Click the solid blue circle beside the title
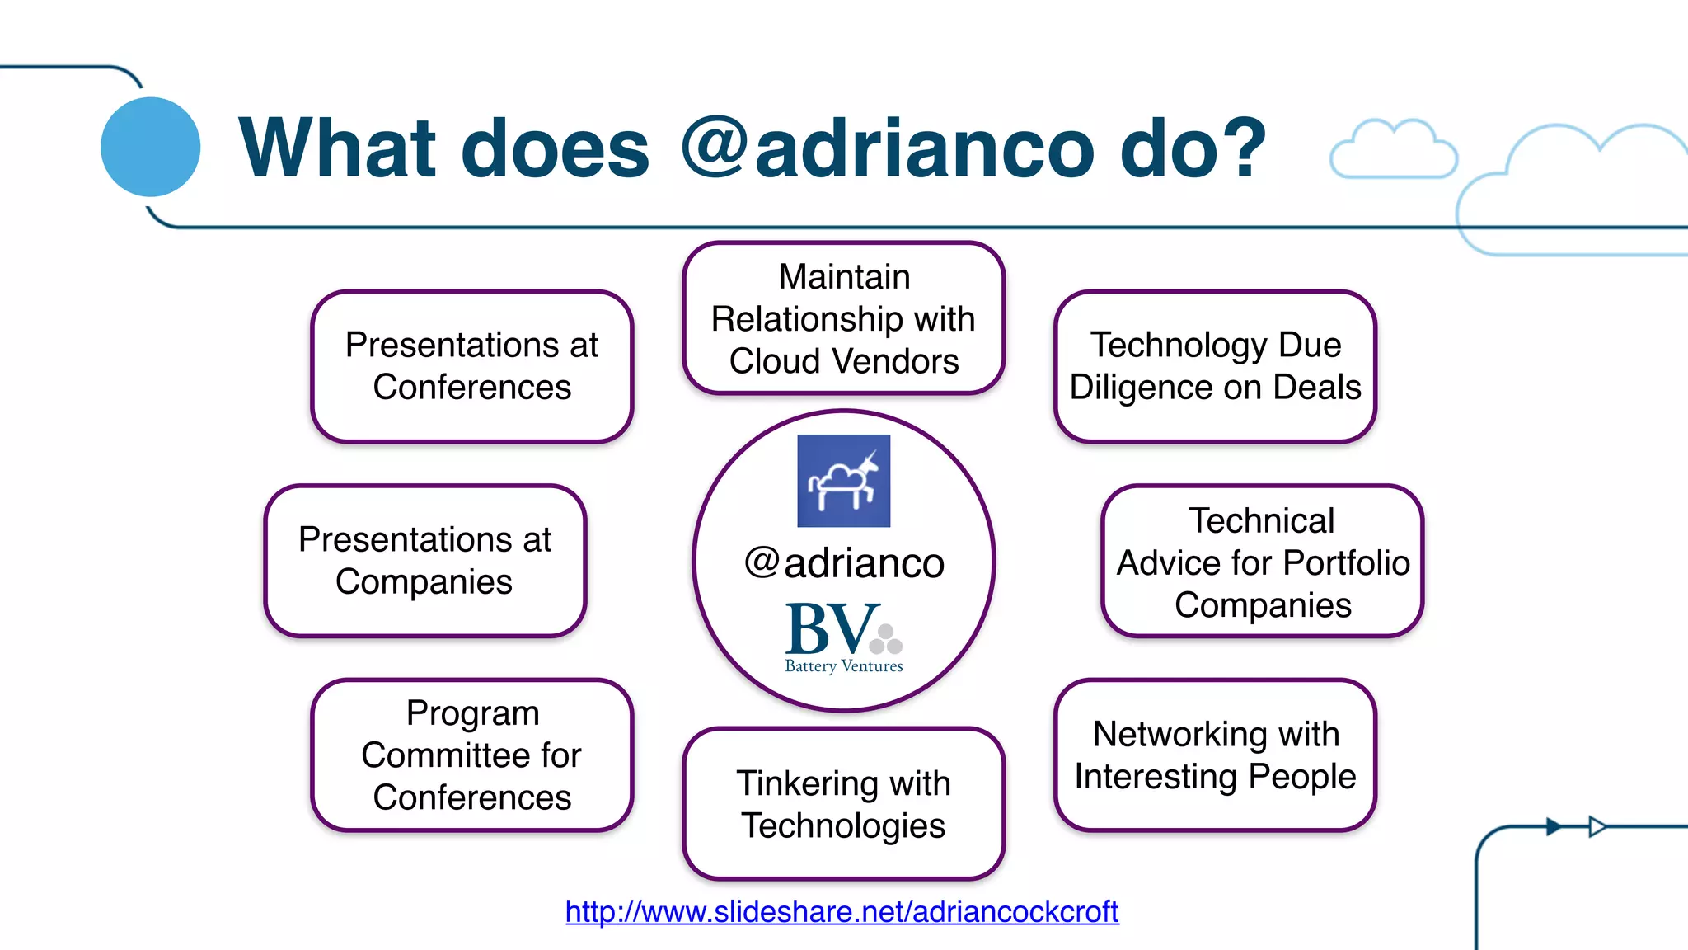(150, 147)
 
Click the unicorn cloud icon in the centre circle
(843, 481)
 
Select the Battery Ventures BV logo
(843, 637)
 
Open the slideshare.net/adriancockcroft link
(842, 911)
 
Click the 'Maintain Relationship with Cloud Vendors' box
(843, 318)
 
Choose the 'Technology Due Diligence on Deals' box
(1215, 366)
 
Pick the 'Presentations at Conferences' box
(471, 366)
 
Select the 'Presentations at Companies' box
(424, 561)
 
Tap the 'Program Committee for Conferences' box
(471, 755)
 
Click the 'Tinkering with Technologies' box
(843, 804)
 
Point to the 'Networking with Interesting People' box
(1215, 755)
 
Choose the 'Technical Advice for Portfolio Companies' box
(1262, 562)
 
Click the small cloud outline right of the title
(1393, 149)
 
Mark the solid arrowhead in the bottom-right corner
(1553, 826)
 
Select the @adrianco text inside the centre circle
(843, 563)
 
